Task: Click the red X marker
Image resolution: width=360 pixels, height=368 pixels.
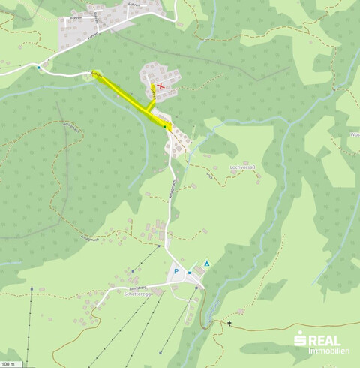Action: (x=160, y=87)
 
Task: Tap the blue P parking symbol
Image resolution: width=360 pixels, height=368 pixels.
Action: (x=176, y=272)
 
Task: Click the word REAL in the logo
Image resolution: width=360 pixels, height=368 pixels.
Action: (x=324, y=340)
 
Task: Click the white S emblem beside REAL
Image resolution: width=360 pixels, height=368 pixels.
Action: (x=298, y=342)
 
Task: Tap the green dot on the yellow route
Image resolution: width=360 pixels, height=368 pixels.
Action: (x=165, y=128)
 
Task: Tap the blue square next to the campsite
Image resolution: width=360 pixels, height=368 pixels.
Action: (x=190, y=272)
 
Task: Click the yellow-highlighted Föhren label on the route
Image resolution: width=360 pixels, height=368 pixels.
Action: (x=97, y=74)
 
